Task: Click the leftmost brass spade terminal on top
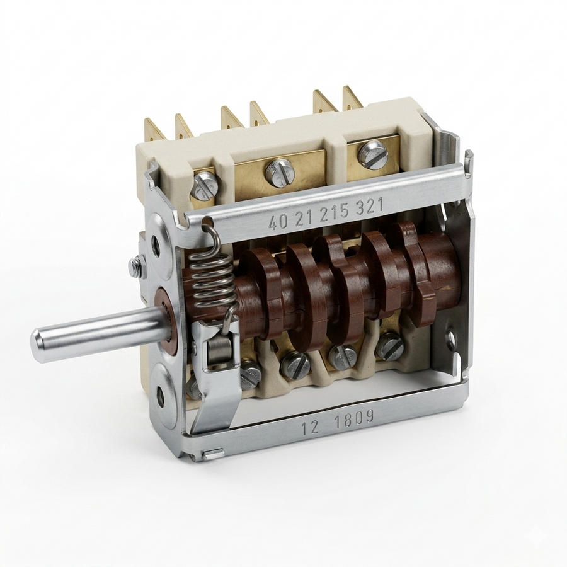click(x=154, y=130)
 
